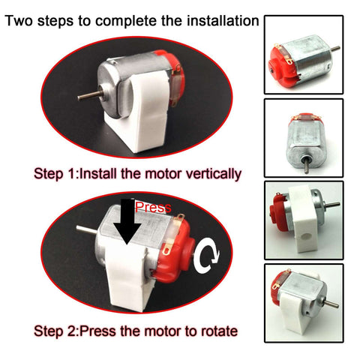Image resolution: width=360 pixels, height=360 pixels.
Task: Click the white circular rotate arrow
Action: [207, 258]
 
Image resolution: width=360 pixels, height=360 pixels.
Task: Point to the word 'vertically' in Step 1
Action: [208, 174]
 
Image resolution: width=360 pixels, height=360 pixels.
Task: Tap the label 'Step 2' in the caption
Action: [55, 331]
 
